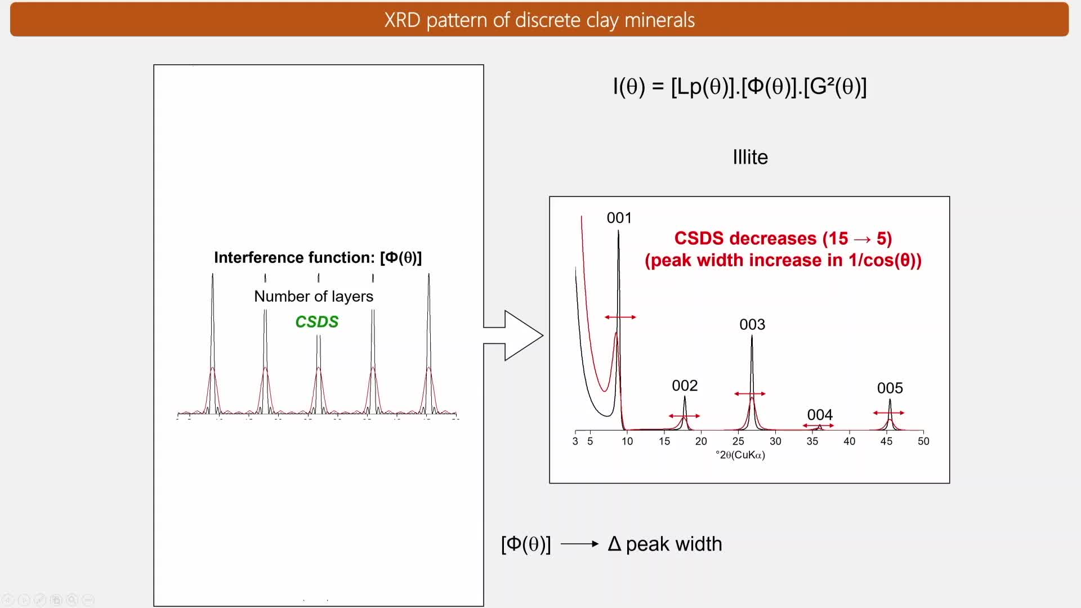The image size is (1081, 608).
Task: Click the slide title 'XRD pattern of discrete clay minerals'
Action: click(x=539, y=20)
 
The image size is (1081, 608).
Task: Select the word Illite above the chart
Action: click(x=750, y=157)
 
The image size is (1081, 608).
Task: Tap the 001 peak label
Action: click(x=619, y=218)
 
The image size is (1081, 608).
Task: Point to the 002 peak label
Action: click(x=685, y=386)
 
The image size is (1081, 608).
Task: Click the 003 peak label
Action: click(x=752, y=324)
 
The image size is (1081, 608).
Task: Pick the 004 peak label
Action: click(x=820, y=415)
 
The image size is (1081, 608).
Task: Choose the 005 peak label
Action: click(x=890, y=388)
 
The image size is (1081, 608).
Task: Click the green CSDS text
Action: click(x=317, y=321)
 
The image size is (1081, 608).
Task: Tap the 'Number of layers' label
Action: click(x=314, y=296)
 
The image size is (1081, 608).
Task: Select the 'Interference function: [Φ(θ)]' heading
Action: click(x=318, y=257)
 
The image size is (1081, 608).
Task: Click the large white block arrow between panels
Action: click(x=515, y=336)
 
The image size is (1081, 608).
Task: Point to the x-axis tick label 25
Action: click(x=738, y=441)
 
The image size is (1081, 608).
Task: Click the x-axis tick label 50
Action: click(x=923, y=441)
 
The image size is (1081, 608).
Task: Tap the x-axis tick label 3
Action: click(x=575, y=441)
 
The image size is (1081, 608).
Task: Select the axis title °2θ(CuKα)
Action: click(x=740, y=455)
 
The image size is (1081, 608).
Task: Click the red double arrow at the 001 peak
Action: click(x=620, y=318)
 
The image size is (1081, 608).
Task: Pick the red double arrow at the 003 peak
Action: click(x=750, y=394)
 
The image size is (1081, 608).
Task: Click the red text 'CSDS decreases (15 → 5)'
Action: click(x=783, y=239)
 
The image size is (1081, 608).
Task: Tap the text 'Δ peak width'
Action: click(x=665, y=544)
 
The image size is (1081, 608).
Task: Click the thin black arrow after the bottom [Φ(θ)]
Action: click(x=580, y=544)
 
